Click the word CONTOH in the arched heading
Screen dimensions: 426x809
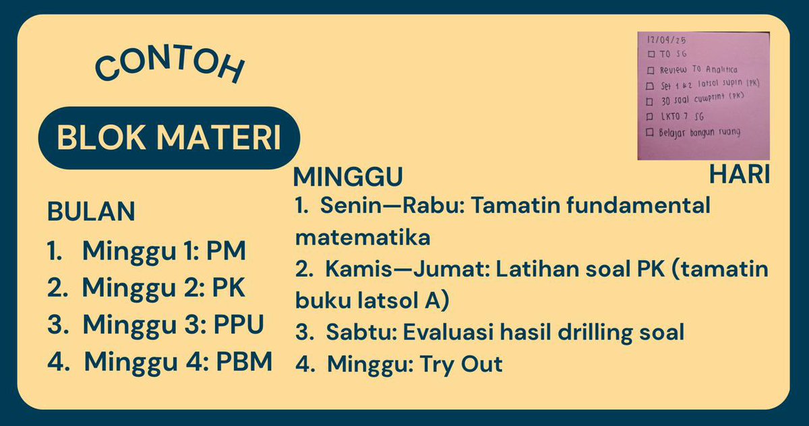click(168, 67)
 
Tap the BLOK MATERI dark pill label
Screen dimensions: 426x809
click(169, 138)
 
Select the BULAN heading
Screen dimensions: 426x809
click(91, 212)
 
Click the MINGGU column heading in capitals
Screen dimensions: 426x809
click(348, 177)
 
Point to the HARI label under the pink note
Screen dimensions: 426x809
click(740, 175)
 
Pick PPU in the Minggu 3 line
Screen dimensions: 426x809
click(239, 324)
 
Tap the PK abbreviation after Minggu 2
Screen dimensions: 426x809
click(229, 288)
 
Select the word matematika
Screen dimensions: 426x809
click(363, 238)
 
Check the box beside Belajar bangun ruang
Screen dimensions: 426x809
click(651, 132)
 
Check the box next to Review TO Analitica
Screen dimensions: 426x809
click(651, 70)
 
